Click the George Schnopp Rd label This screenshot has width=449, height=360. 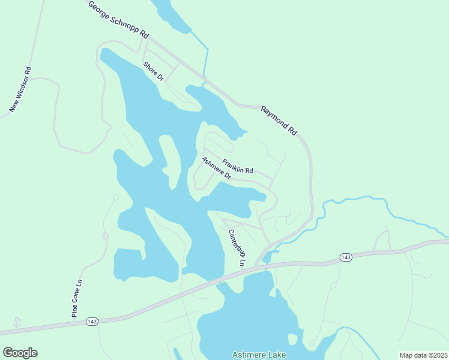(x=118, y=20)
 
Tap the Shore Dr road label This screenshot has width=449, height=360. (x=154, y=71)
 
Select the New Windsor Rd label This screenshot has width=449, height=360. (x=20, y=89)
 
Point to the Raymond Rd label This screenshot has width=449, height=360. (x=279, y=120)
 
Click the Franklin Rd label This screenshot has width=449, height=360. (x=238, y=166)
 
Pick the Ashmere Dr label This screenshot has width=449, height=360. (x=216, y=168)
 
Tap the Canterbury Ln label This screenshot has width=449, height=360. (x=238, y=248)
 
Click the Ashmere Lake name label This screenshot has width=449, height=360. (x=259, y=355)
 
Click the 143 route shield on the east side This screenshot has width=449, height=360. (x=345, y=257)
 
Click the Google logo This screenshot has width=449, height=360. (x=20, y=353)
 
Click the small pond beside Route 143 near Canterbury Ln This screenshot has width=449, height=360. (x=267, y=257)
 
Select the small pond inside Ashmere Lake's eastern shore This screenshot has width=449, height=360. (x=292, y=339)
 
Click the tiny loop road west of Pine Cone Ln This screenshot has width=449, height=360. (x=17, y=322)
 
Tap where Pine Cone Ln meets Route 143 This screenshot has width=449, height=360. (x=74, y=321)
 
